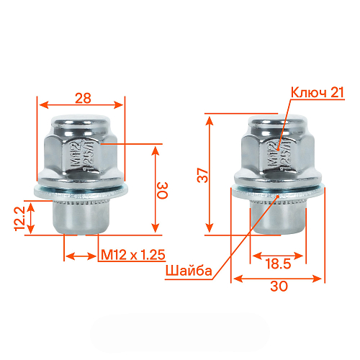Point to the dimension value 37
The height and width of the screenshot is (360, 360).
coord(203,175)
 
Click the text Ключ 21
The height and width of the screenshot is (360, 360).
coord(318,92)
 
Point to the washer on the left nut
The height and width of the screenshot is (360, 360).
coord(81,191)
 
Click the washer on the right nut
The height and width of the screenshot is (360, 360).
coord(277,192)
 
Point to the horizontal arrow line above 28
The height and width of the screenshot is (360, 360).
coord(80,104)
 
